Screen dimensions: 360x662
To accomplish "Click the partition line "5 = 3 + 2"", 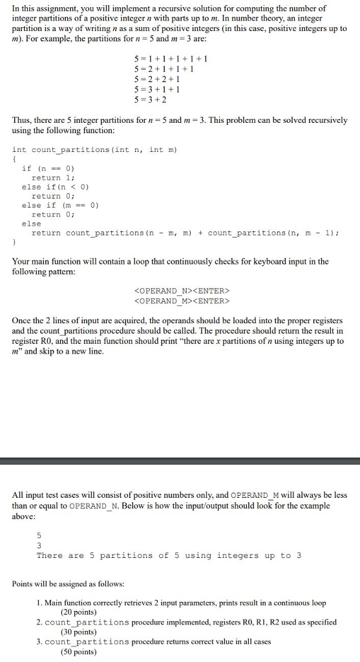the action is tap(149, 100).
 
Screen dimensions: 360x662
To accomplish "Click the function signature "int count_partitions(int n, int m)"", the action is tap(94, 149).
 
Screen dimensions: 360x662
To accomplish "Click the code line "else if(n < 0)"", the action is tap(56, 186).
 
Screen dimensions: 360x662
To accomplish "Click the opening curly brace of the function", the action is tap(14, 158).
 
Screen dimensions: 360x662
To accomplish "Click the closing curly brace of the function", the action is tap(14, 242).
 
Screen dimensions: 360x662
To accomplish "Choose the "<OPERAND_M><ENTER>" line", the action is tap(181, 301).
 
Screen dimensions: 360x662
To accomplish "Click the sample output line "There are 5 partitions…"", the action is tap(169, 555).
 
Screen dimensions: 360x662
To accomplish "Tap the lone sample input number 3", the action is tap(39, 546).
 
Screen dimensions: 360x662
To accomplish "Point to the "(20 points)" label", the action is tap(78, 612).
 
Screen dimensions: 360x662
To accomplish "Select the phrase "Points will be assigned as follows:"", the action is tap(69, 584).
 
